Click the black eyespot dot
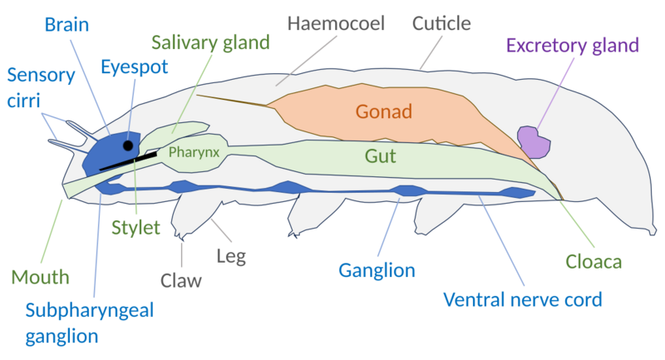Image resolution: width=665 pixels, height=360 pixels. [127, 145]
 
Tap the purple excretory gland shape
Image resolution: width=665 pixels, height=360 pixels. [533, 141]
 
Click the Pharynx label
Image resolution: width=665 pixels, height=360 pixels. [193, 152]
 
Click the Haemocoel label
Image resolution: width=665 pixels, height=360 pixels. [336, 22]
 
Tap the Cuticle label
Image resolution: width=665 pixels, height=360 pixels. [442, 22]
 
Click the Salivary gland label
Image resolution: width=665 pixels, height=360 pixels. [222, 42]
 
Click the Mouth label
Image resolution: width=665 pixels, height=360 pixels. [40, 276]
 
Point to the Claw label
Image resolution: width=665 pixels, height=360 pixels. [181, 280]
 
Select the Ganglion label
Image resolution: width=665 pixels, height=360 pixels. [377, 270]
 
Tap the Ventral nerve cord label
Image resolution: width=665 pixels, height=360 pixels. [522, 298]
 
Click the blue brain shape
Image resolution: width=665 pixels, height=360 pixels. [111, 154]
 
